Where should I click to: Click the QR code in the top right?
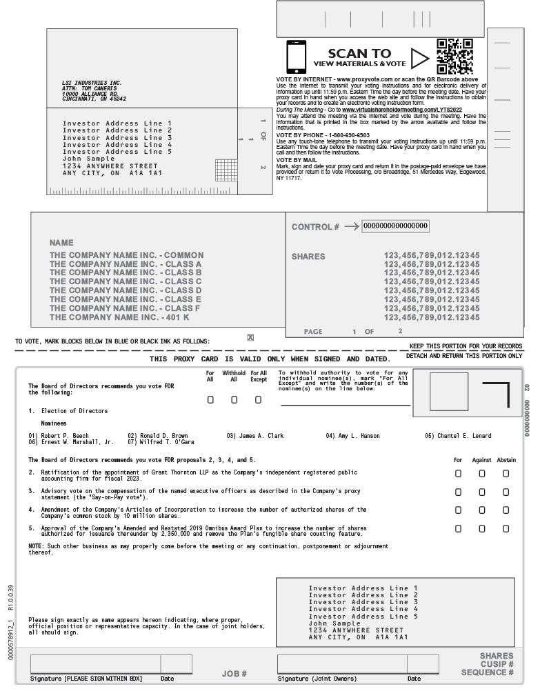coord(455,57)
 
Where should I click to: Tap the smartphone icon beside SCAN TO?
coord(296,57)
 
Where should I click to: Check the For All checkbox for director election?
coord(210,399)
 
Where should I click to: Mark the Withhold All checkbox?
coord(234,399)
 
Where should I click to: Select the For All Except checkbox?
coord(258,399)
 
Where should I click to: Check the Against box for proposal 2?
coord(481,473)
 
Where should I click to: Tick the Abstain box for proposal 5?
coord(506,528)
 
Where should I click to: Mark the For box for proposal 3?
coord(458,492)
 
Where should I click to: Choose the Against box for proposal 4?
coord(481,510)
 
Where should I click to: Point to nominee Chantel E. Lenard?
coord(464,436)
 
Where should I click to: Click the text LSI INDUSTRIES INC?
coord(92,83)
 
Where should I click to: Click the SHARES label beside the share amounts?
coord(308,257)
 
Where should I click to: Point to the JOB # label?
coord(234,673)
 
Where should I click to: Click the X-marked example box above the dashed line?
coord(250,337)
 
